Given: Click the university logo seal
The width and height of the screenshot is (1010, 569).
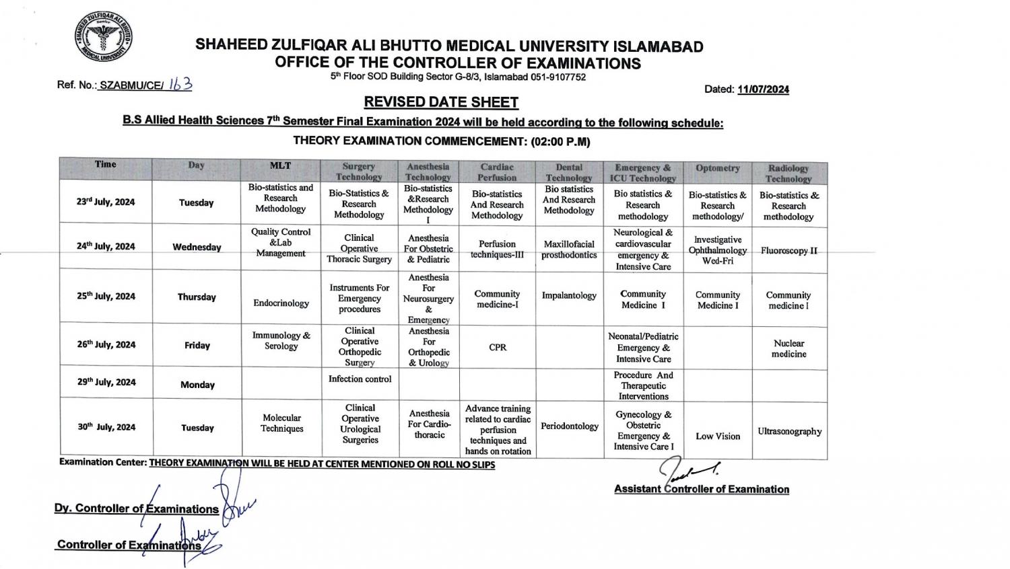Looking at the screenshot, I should [x=103, y=38].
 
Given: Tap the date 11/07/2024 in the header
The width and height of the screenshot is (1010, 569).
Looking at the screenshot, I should [x=763, y=89].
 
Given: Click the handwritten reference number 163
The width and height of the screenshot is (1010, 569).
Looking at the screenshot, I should [x=180, y=84].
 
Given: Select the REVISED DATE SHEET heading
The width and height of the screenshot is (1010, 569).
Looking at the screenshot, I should [x=441, y=102].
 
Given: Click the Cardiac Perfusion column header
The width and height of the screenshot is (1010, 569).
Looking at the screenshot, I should [x=497, y=172].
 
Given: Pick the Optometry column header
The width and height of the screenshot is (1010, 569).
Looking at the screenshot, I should [x=717, y=168].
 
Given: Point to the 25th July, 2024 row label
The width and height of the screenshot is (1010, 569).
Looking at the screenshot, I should [x=106, y=296].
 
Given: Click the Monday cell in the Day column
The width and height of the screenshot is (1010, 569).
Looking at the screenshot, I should [x=197, y=385].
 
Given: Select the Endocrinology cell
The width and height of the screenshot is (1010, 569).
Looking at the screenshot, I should [x=281, y=303].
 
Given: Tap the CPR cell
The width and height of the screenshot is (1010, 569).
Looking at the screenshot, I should [x=498, y=348].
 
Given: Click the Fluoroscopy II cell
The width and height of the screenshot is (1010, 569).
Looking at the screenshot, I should [x=788, y=251].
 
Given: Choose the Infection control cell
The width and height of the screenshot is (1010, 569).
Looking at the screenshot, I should [x=360, y=379].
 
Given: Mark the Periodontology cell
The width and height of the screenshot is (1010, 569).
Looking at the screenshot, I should [x=569, y=426].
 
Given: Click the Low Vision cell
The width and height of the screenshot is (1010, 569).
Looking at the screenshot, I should [x=718, y=437].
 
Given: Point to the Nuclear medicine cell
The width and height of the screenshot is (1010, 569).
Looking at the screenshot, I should [x=788, y=348].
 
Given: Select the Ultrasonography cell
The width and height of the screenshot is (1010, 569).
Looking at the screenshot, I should [x=789, y=432].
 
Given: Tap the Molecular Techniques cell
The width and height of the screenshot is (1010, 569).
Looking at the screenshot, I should [x=281, y=423].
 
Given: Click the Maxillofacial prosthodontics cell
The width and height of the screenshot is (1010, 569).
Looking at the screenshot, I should [x=569, y=250].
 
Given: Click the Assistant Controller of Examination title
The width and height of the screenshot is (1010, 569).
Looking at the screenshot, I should [x=701, y=489].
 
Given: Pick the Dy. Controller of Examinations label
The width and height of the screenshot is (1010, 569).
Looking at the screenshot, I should [x=137, y=509].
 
